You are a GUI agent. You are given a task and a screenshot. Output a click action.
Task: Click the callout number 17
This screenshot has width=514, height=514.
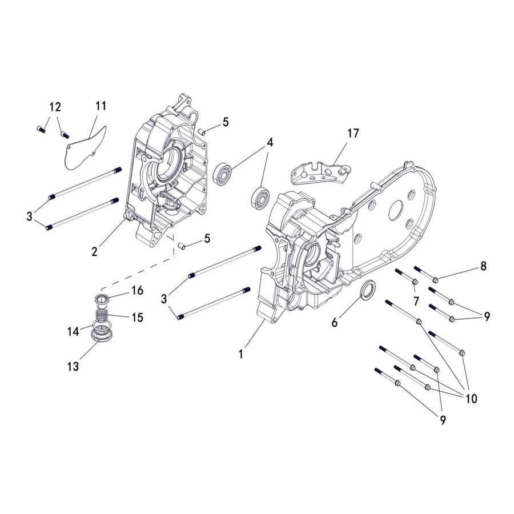pyautogui.click(x=354, y=133)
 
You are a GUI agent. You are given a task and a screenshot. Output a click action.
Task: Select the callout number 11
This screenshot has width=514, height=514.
pyautogui.click(x=101, y=106)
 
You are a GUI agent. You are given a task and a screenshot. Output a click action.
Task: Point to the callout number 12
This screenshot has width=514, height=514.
pyautogui.click(x=55, y=107)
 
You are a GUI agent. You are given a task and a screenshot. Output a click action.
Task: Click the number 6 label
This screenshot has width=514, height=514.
pyautogui.click(x=335, y=323)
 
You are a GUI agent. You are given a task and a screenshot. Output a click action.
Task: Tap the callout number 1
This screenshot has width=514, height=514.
pyautogui.click(x=241, y=354)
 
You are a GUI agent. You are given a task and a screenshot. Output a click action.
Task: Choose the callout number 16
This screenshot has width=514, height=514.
pyautogui.click(x=137, y=290)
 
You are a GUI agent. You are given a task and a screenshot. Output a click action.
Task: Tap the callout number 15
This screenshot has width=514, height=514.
pyautogui.click(x=137, y=317)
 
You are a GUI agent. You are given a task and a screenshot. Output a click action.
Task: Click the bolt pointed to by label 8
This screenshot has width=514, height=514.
pyautogui.click(x=425, y=274)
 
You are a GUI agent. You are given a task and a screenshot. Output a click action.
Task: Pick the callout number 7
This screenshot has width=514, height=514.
pyautogui.click(x=416, y=300)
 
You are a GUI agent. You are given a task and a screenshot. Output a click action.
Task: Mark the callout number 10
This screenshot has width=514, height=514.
pyautogui.click(x=472, y=398)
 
